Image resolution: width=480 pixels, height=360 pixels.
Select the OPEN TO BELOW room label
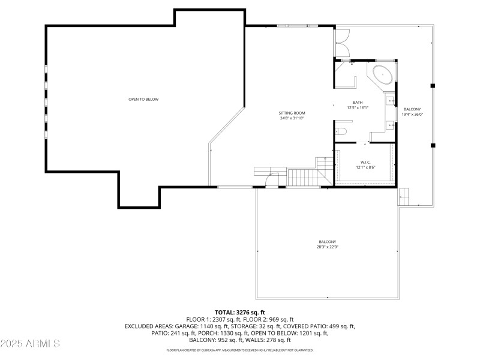tap(143, 99)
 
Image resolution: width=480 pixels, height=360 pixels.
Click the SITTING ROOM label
tap(292, 113)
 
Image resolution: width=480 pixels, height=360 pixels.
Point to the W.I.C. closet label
tap(365, 162)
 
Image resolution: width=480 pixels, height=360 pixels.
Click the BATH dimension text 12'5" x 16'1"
tap(358, 107)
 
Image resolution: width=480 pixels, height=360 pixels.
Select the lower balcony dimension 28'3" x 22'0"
tap(328, 247)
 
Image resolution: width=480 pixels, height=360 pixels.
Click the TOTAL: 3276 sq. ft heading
tap(240, 313)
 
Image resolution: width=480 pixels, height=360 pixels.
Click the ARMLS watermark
tap(30, 344)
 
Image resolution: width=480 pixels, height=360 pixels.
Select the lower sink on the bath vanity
tap(389, 125)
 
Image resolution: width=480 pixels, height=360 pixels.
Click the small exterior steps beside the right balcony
tap(403, 196)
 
